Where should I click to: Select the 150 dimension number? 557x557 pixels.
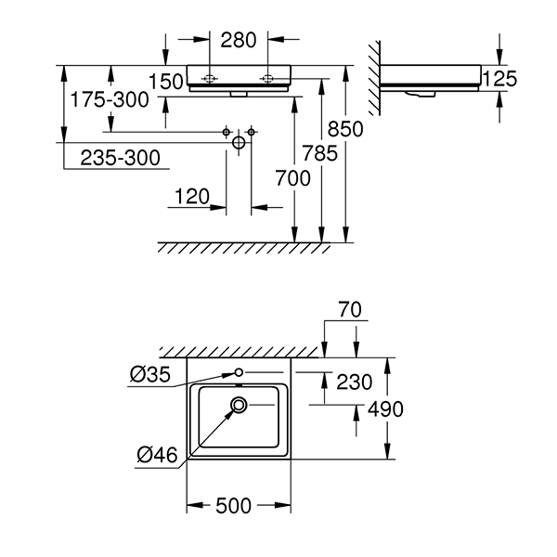coord(166,81)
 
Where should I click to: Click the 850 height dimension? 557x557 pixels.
coord(343,131)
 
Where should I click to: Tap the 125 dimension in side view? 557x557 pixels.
coord(500,79)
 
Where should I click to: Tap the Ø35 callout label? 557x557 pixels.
coord(149,375)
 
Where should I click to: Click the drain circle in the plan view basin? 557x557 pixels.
coord(240,404)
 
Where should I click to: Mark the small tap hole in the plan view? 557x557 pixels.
coord(239,372)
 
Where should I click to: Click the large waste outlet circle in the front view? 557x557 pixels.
coord(239,143)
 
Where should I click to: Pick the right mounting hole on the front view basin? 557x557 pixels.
coord(266,79)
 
